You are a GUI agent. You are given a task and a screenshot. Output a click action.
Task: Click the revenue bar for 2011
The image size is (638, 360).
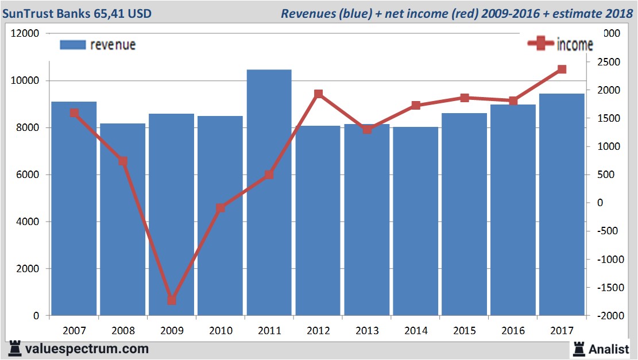click(269, 192)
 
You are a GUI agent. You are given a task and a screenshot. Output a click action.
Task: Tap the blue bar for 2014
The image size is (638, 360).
click(415, 221)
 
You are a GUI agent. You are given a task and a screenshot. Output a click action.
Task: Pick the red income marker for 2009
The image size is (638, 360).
click(172, 300)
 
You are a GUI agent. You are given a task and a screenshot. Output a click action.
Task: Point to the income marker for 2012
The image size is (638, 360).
click(318, 94)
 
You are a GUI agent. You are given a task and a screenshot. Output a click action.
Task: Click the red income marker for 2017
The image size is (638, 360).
click(562, 69)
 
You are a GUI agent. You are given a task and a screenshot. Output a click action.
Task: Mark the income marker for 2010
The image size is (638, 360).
click(221, 208)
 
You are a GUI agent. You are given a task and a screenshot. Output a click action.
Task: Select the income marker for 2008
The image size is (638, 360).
click(123, 161)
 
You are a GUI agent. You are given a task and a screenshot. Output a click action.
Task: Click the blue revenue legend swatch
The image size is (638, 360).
click(72, 45)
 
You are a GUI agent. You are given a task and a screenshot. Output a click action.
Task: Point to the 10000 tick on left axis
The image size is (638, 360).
click(26, 81)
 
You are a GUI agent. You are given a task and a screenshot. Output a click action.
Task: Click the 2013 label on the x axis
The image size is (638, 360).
click(367, 330)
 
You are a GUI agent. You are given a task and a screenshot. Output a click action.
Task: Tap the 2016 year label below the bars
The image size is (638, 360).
click(513, 330)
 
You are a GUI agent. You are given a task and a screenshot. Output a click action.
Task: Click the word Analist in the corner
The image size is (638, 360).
click(610, 349)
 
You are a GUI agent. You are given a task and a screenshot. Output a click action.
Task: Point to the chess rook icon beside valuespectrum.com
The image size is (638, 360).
click(16, 349)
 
